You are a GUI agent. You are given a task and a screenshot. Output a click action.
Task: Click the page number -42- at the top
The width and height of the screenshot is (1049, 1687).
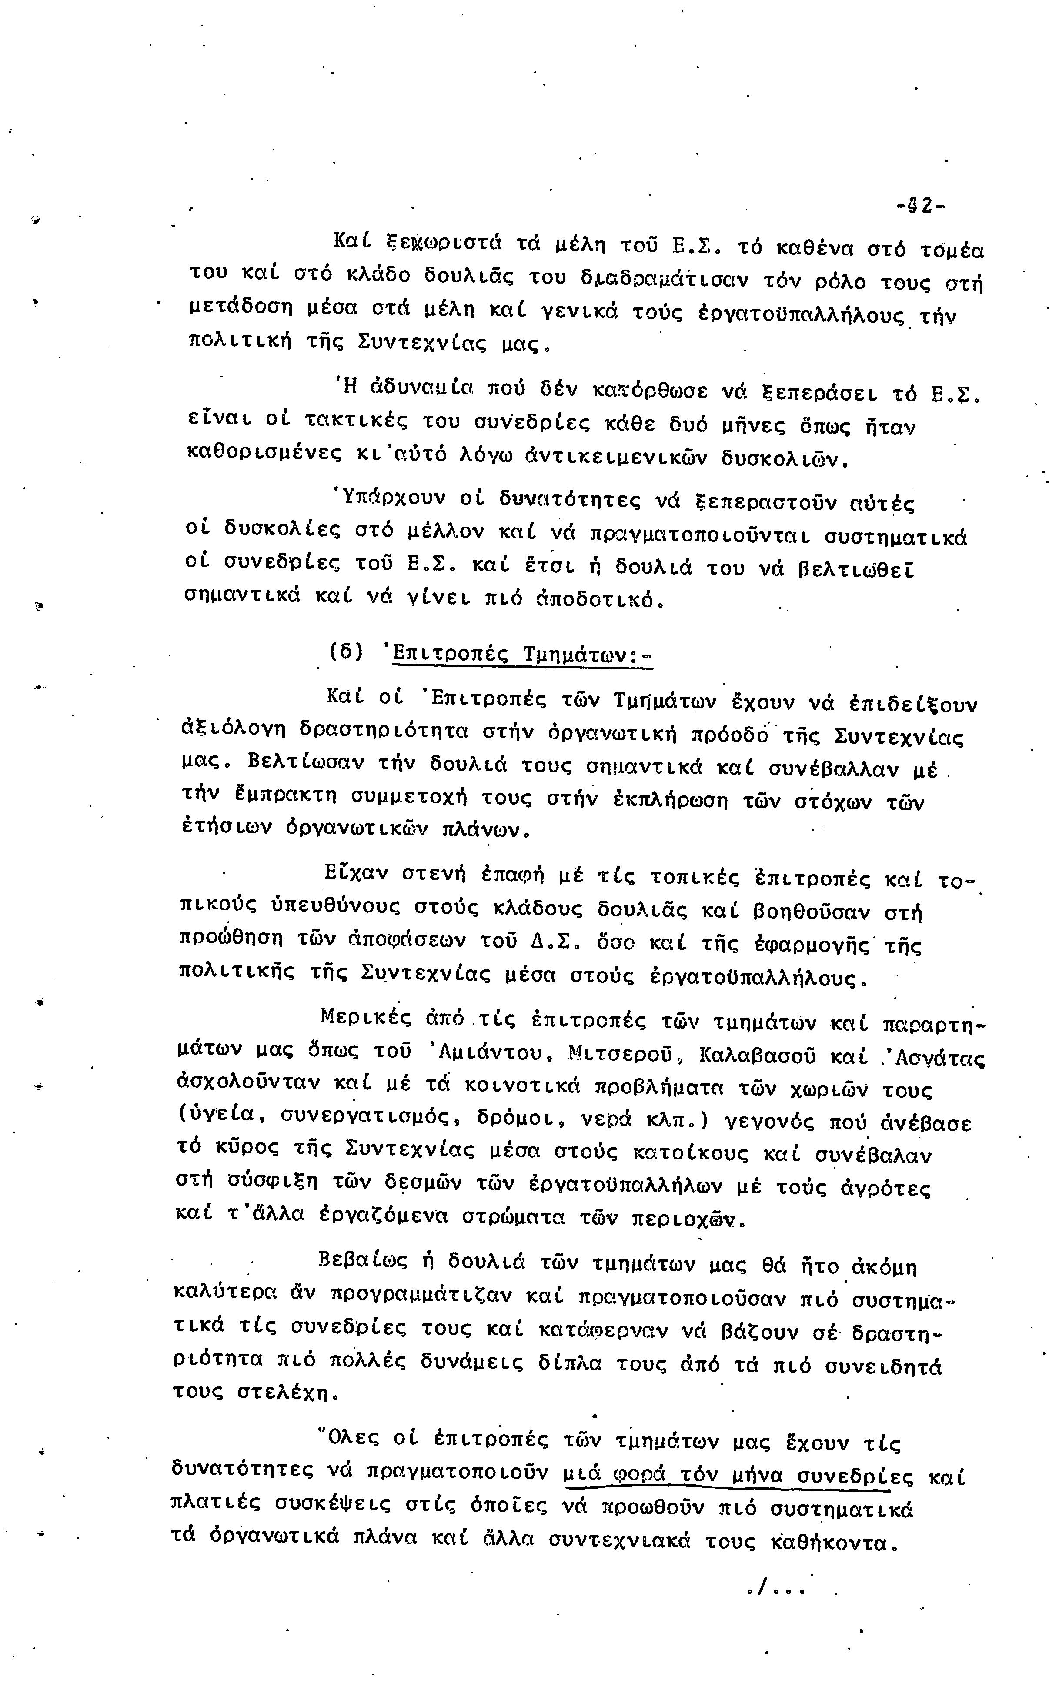click(921, 206)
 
